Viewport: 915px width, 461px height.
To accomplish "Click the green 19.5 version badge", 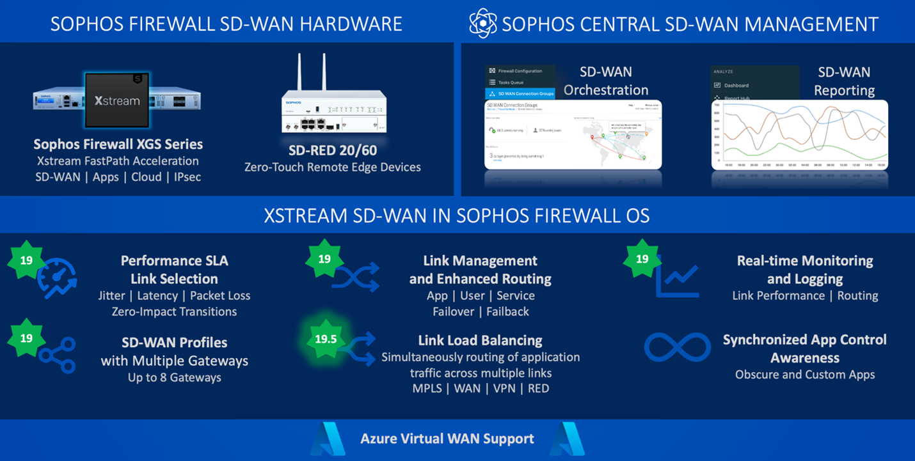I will click(x=326, y=339).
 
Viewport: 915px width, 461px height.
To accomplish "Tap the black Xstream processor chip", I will click(x=117, y=100).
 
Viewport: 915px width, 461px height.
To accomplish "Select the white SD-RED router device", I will click(x=334, y=112).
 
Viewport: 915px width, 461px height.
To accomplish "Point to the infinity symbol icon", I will click(x=677, y=347).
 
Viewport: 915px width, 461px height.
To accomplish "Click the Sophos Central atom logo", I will click(x=482, y=24).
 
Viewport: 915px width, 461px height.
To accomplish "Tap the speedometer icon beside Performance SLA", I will click(x=57, y=279).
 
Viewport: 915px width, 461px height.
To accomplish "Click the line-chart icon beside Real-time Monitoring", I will click(x=677, y=279).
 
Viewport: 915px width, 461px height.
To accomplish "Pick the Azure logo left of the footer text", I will click(x=328, y=439).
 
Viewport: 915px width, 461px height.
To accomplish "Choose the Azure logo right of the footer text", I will click(x=567, y=439).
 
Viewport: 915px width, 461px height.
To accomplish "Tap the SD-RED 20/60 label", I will click(x=333, y=150).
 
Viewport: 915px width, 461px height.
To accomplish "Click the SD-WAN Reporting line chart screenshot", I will click(x=799, y=135).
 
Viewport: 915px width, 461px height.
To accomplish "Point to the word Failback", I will click(x=507, y=312).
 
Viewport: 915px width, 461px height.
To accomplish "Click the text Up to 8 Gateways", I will click(x=174, y=377).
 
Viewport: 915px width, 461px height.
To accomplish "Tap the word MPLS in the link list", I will click(x=427, y=388).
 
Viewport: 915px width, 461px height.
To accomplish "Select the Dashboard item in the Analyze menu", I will click(x=736, y=86).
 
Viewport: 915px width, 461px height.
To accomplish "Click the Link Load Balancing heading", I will click(x=480, y=340).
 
